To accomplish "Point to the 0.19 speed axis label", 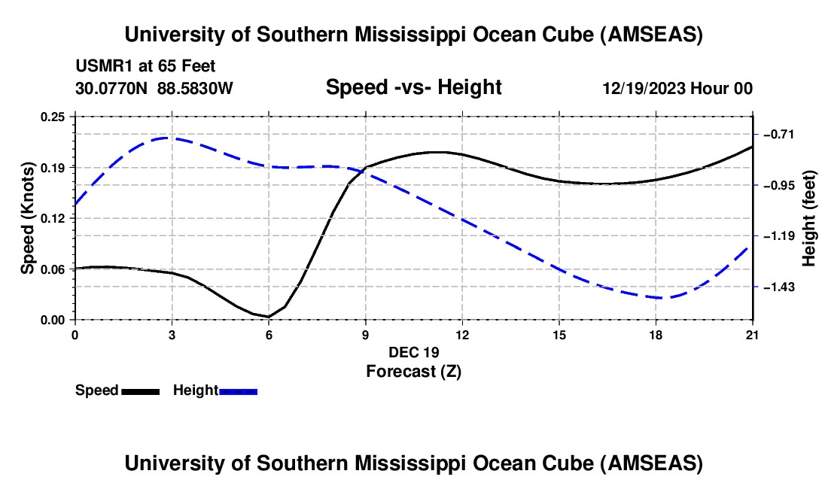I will [x=56, y=167].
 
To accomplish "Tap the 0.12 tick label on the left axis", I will [x=56, y=218].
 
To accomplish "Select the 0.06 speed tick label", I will [x=56, y=269].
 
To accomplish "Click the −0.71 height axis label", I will [x=779, y=134].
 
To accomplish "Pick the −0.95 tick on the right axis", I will [x=779, y=185].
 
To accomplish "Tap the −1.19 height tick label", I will [x=779, y=236].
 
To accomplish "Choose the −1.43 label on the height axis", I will [x=779, y=287].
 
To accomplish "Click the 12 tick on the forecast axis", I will [x=462, y=334].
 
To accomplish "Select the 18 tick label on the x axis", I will [x=656, y=334].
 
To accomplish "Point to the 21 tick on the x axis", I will [x=753, y=334].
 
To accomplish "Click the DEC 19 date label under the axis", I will [x=413, y=352].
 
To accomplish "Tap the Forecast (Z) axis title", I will [x=413, y=370].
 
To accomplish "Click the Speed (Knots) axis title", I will [x=28, y=218].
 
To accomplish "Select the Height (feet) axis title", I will [x=809, y=218].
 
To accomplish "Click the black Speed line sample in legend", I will [x=140, y=391].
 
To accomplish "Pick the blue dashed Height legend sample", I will [x=239, y=391].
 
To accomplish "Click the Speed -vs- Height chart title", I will [x=413, y=88].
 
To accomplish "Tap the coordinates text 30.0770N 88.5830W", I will [x=154, y=88].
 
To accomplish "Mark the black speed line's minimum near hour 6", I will [x=269, y=317].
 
